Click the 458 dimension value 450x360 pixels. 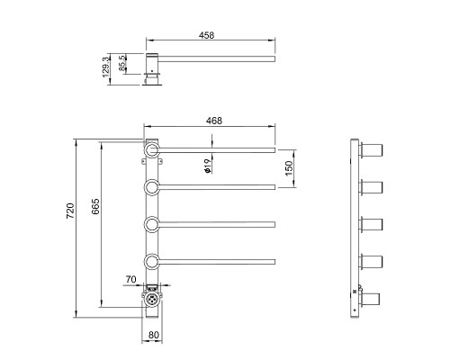click(x=206, y=35)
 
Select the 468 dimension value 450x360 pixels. click(x=214, y=121)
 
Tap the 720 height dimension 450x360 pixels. click(x=70, y=211)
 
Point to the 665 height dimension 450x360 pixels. click(x=95, y=206)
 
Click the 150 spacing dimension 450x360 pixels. click(x=288, y=168)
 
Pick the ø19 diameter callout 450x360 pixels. click(x=208, y=166)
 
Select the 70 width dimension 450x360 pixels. click(x=130, y=279)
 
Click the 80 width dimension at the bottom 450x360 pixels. click(x=153, y=335)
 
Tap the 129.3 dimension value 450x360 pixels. click(x=106, y=67)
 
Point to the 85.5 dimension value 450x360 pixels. click(x=122, y=63)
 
